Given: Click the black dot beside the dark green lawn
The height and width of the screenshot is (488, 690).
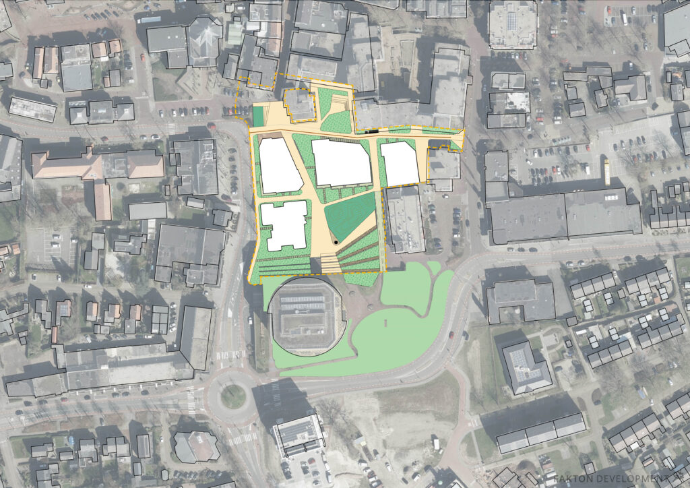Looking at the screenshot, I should tap(335, 241).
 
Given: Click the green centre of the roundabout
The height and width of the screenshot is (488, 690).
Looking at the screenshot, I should tap(233, 396).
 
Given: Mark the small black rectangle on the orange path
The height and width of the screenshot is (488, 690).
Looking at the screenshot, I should tap(370, 131).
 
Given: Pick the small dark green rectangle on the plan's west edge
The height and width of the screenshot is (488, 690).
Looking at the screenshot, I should tap(258, 115).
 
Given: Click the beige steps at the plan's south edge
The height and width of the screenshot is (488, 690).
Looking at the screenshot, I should tap(330, 264).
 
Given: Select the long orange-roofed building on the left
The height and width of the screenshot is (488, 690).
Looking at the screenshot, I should tap(97, 166).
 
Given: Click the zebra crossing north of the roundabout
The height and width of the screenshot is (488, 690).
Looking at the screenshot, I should tap(230, 355).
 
